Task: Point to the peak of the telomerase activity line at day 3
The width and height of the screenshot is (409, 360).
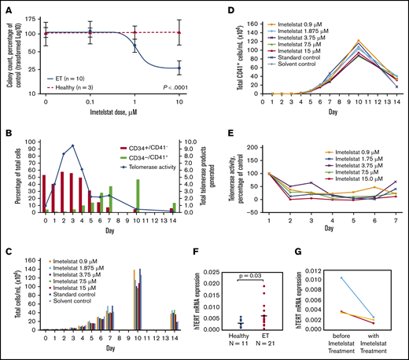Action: point(73,145)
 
